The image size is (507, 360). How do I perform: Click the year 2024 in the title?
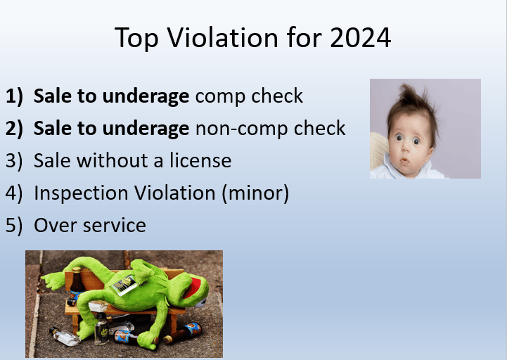coord(360,38)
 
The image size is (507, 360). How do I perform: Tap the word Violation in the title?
coord(222,38)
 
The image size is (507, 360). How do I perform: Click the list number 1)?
coord(14,96)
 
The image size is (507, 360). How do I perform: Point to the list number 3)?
coord(14,161)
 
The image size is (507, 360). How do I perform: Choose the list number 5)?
coord(14,226)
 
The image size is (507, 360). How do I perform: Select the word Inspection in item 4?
coord(81,194)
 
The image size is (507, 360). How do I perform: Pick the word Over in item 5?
coord(56,225)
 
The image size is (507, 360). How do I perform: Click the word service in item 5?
coord(115,226)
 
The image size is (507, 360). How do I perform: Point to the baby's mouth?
coord(404,160)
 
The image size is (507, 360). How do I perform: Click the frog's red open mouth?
coord(193,288)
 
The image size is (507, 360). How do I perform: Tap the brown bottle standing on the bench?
coord(77,281)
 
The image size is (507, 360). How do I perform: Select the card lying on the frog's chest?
coord(125,285)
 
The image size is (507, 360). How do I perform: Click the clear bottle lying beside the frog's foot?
coord(65,336)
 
